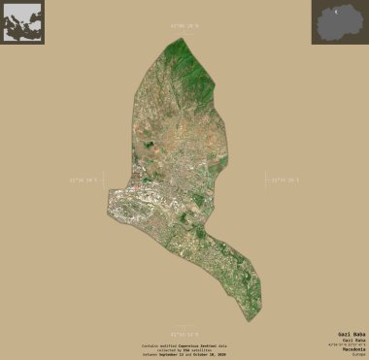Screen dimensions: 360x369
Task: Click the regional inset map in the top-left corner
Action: tap(22, 21)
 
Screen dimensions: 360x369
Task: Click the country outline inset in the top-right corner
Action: tap(338, 21)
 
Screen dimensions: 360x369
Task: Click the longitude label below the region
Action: tap(184, 332)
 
